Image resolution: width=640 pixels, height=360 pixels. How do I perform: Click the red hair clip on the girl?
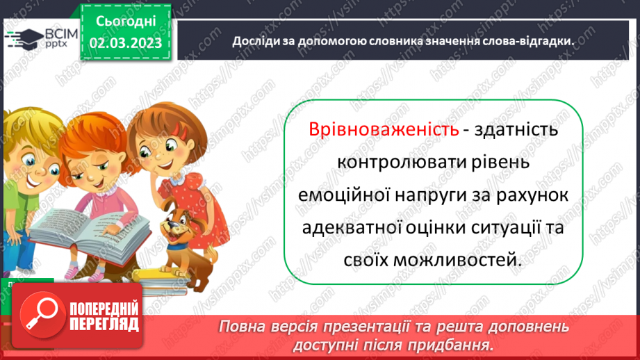tap(182, 130)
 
